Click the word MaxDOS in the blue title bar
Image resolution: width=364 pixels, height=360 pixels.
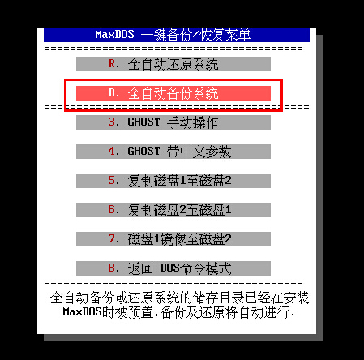coord(114,35)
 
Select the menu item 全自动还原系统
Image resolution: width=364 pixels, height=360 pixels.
coord(173,64)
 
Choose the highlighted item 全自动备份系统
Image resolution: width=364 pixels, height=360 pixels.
coord(173,93)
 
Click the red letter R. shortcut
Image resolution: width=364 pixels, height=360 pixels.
coord(113,64)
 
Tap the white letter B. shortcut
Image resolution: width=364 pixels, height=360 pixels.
coord(113,93)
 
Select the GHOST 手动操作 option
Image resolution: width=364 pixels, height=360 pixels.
coord(173,122)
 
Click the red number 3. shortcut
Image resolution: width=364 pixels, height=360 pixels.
coord(113,122)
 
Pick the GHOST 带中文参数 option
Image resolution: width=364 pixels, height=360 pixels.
coord(179,152)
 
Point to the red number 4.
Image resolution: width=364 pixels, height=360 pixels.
coord(113,152)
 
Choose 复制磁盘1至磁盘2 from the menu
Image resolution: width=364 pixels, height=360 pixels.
coord(179,181)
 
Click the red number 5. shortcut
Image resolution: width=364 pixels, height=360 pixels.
coord(113,181)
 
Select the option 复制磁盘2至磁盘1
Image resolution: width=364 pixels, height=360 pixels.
coord(179,210)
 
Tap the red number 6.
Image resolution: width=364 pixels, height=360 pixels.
coord(113,210)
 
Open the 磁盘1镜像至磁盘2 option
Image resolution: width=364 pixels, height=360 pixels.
coord(179,239)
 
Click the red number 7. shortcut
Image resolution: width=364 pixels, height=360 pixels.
coord(113,239)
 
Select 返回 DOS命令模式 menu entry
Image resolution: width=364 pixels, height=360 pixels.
coord(179,268)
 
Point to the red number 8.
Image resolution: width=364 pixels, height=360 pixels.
coord(113,268)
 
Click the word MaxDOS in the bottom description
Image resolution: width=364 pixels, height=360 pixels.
coord(82,312)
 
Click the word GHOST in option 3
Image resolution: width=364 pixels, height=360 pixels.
coord(143,122)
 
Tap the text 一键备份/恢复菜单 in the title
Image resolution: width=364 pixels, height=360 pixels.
coord(196,35)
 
